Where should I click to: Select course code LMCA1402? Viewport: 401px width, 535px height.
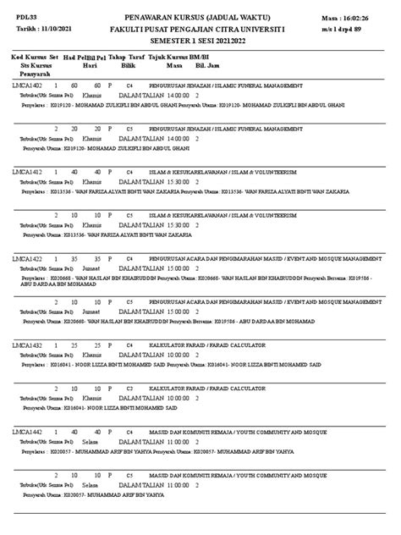[x=27, y=86]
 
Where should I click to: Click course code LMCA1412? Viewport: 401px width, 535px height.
[x=27, y=170]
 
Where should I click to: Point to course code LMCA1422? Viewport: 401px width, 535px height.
[x=27, y=255]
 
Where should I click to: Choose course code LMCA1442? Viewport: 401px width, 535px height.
[x=27, y=431]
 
